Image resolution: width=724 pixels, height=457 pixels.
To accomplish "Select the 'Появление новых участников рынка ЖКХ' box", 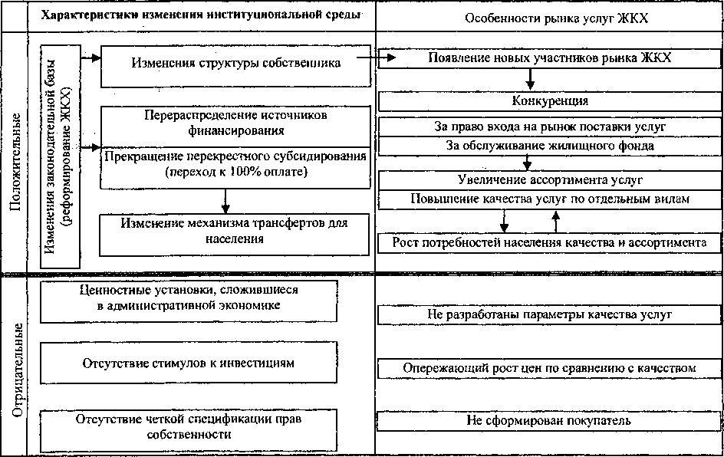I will point(549,58).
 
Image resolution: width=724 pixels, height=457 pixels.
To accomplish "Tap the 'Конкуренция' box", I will point(549,100).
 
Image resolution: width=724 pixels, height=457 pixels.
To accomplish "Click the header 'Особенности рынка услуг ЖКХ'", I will point(548,15).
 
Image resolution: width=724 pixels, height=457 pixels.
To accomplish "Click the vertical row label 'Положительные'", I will point(15,157).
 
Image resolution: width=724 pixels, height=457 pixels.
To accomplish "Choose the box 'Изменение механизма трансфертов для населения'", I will point(234,231).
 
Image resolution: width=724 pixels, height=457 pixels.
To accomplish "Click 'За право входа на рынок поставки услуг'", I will point(549,126).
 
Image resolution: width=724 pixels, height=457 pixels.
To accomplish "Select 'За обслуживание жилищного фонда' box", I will point(549,145).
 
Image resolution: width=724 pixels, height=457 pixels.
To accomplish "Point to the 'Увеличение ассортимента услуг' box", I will point(549,180).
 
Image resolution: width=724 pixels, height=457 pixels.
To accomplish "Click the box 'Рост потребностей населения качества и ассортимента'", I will point(549,243).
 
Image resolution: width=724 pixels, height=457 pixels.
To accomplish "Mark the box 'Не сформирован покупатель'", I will point(549,421).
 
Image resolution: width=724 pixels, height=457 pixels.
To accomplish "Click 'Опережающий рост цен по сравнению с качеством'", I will point(549,369).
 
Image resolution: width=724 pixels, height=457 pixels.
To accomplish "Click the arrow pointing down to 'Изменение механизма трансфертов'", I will point(225,201).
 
